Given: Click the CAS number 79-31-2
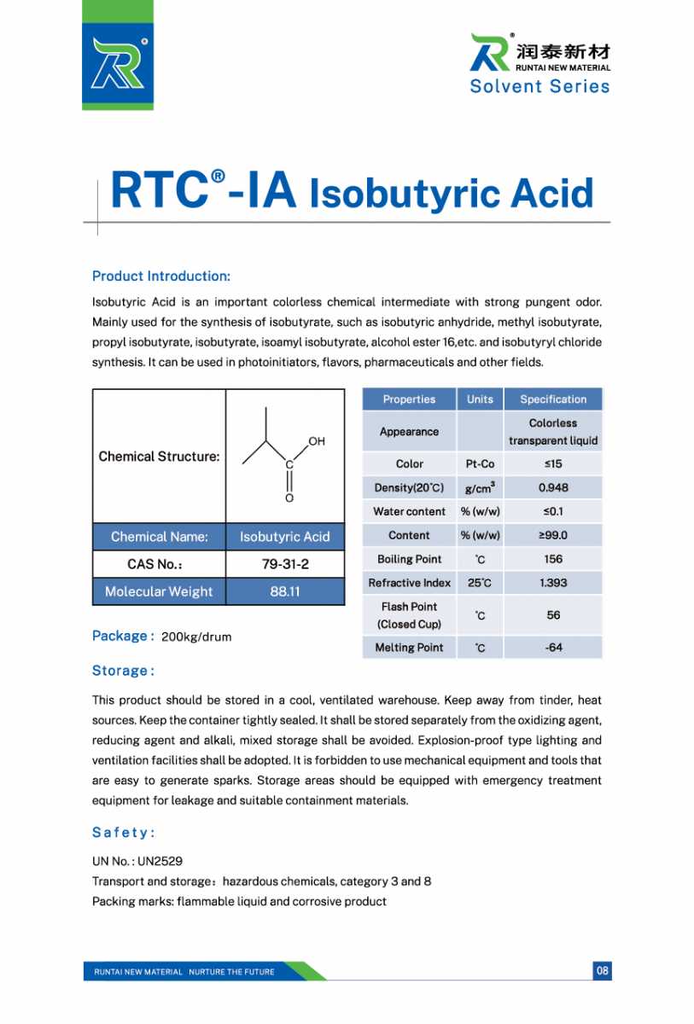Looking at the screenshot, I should click(284, 564).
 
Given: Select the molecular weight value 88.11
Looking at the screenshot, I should click(284, 591).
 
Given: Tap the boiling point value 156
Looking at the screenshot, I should click(552, 559).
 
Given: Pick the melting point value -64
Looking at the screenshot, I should click(552, 648).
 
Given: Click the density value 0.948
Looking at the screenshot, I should click(552, 487).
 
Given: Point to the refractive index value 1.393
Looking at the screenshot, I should click(552, 583).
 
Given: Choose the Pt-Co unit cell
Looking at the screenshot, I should click(480, 463).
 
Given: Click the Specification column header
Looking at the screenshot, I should click(552, 399).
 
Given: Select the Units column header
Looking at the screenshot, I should click(480, 399).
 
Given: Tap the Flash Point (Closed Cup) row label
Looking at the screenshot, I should click(409, 615).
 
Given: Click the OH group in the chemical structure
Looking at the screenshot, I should click(317, 441).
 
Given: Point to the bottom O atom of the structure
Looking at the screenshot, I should click(289, 497).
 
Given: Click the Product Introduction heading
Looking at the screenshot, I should click(160, 276).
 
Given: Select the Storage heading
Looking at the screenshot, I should click(123, 671).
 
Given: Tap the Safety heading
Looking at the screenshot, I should click(123, 832).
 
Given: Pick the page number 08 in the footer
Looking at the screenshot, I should click(603, 971).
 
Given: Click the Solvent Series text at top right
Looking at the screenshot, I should click(539, 86).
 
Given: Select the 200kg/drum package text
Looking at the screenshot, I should click(195, 637).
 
